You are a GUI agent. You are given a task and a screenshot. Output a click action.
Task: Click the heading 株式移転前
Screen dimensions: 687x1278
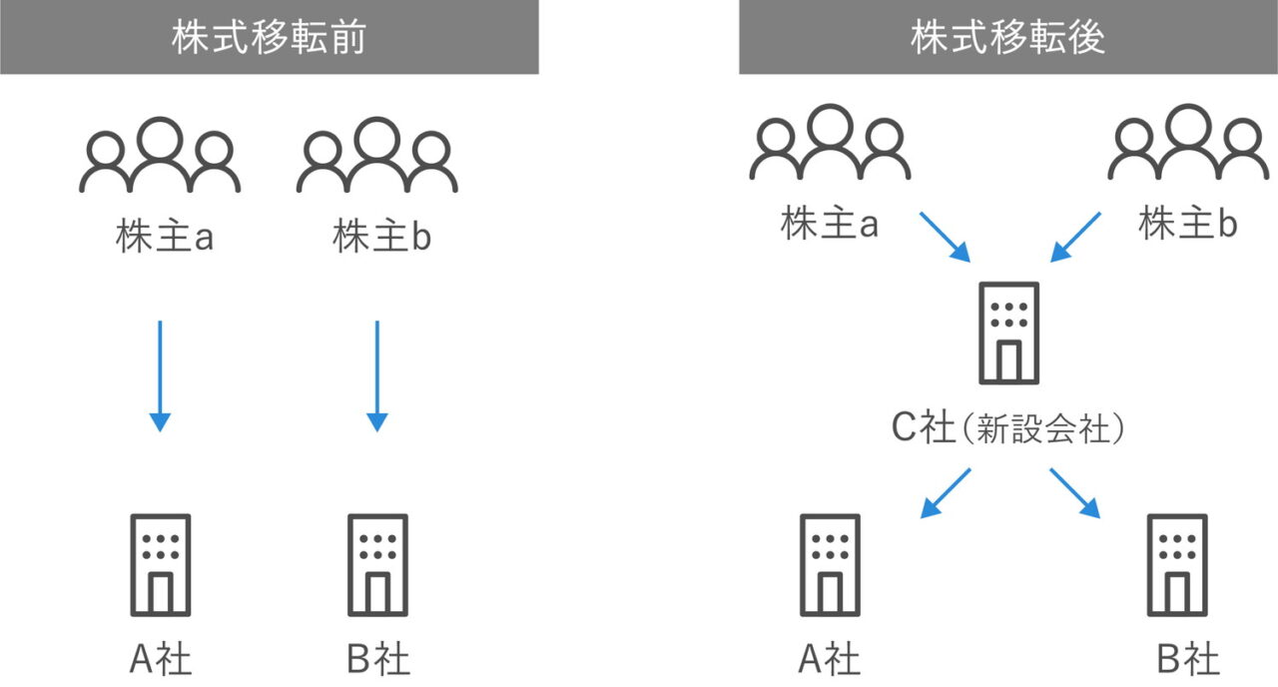269,37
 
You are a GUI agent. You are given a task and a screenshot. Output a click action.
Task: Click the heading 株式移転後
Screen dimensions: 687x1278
1007,37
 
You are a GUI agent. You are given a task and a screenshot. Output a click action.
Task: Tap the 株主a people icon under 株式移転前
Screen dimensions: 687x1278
160,156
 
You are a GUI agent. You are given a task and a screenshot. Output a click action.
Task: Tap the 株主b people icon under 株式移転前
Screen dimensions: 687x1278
377,156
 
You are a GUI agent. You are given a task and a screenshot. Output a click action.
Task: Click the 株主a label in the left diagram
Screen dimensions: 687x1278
165,239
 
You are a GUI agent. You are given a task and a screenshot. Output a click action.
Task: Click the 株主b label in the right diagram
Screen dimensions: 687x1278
1188,225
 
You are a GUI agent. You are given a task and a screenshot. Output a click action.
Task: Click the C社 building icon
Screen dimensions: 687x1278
1009,333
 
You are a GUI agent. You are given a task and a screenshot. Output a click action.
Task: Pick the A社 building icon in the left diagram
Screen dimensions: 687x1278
160,565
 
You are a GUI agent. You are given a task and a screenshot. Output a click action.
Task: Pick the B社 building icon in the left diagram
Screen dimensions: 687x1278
377,565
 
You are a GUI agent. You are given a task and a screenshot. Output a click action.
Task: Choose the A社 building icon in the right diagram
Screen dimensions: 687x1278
830,565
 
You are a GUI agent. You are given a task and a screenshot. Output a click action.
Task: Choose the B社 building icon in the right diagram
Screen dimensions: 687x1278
1177,565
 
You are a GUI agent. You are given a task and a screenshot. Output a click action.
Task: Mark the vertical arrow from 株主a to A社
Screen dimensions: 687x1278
160,375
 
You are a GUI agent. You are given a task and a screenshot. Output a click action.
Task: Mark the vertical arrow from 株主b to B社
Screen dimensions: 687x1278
377,375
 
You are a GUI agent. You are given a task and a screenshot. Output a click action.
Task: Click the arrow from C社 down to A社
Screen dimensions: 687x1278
945,493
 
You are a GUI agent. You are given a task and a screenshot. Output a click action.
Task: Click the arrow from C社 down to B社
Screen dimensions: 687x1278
1075,493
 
